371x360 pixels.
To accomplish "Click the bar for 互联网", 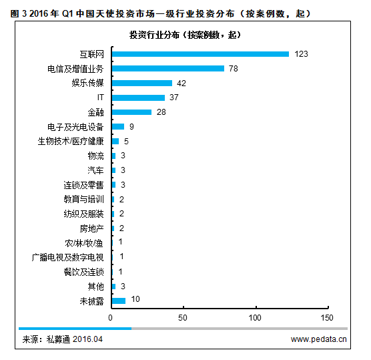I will click(200, 54).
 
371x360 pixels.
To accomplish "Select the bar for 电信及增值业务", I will click(168, 68).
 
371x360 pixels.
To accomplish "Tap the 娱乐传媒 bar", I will click(142, 83).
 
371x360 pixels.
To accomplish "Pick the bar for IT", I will click(138, 98).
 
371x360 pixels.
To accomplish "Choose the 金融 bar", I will click(132, 112).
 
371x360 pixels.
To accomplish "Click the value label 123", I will click(301, 54).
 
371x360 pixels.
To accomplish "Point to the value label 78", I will click(234, 68).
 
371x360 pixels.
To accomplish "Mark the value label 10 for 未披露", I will click(135, 301).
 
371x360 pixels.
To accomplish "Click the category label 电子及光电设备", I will click(75, 127).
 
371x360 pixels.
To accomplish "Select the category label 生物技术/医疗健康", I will click(71, 141).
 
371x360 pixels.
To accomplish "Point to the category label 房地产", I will click(91, 228).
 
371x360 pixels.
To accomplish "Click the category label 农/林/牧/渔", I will click(84, 242).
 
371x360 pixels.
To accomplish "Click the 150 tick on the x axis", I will click(326, 317).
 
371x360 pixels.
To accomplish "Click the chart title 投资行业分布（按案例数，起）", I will click(185, 35).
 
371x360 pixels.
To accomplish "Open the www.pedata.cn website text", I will click(319, 339).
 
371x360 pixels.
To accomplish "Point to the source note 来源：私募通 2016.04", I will click(63, 339).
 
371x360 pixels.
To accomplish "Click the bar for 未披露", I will click(119, 301).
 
